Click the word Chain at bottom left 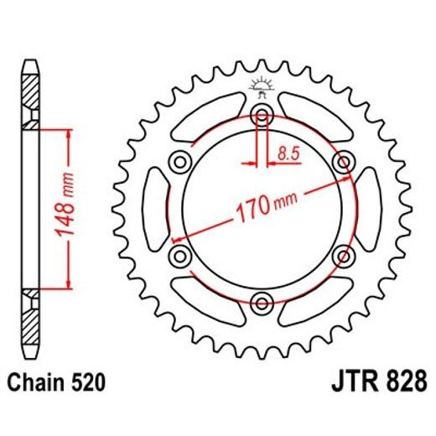pos(39,383)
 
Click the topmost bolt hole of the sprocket pos(262,114)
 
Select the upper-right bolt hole pos(343,161)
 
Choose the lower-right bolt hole pos(343,255)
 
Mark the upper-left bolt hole pos(180,161)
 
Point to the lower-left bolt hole pos(180,255)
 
